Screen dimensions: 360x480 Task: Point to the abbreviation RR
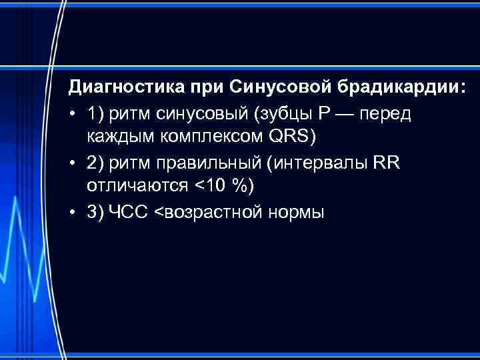click(x=386, y=163)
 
